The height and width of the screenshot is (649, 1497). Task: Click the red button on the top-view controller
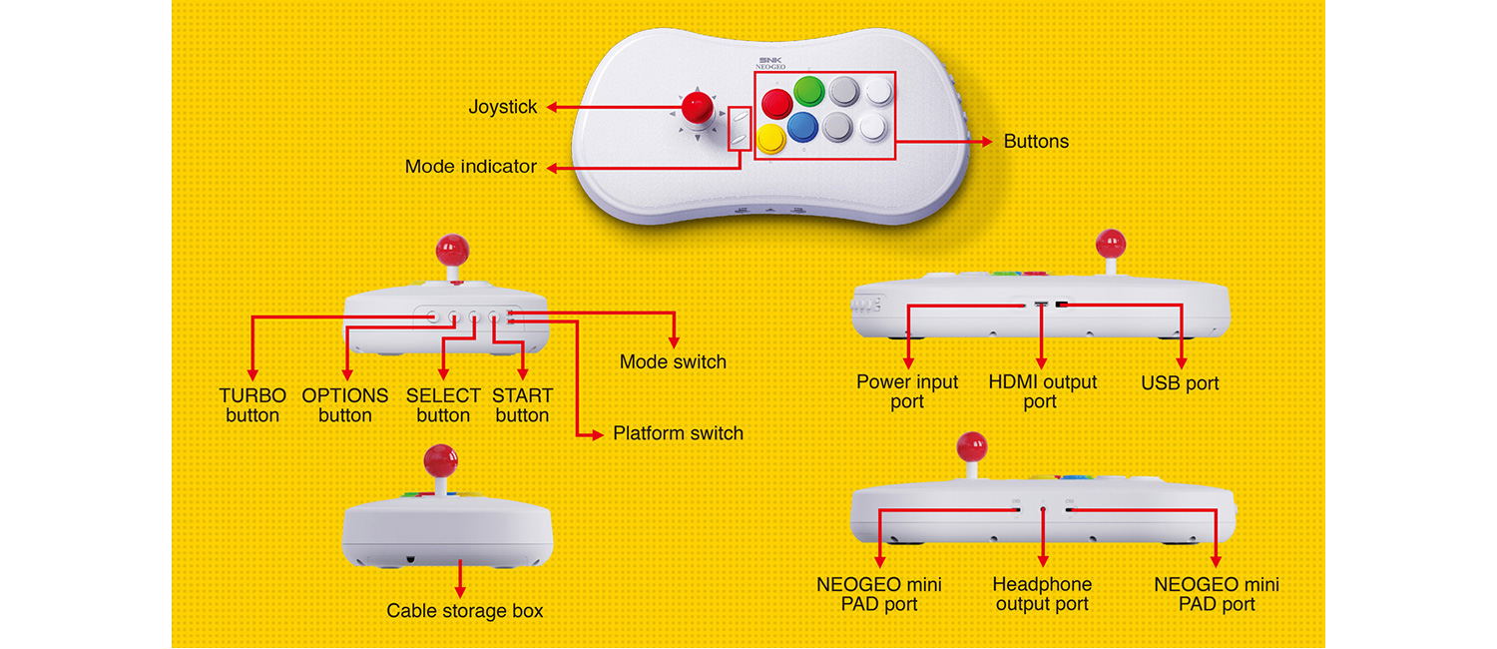click(x=777, y=104)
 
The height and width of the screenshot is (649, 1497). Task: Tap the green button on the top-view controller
click(x=809, y=93)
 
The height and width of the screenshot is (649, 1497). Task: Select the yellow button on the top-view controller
click(x=770, y=139)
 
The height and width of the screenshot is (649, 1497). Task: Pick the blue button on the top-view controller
click(x=802, y=127)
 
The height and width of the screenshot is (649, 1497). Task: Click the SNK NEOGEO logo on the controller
click(x=771, y=62)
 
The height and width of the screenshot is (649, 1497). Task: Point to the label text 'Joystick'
click(x=503, y=107)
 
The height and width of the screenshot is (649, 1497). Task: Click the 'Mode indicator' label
click(x=471, y=167)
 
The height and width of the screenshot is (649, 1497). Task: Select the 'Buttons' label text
click(x=1036, y=142)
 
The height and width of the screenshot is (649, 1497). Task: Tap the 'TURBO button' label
click(x=252, y=405)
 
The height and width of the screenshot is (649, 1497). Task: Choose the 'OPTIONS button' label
click(x=345, y=405)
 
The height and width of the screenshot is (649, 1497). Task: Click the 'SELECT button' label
click(x=443, y=405)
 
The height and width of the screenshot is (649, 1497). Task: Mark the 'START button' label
click(x=522, y=405)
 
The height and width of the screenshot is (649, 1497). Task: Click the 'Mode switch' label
click(x=673, y=361)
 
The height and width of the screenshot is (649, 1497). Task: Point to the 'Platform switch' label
click(x=678, y=433)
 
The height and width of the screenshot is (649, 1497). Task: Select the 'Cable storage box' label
click(x=465, y=611)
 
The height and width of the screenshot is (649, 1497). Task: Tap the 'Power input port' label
click(x=907, y=391)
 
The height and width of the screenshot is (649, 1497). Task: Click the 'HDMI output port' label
click(x=1042, y=391)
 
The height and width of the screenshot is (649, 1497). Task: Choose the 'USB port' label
click(x=1180, y=383)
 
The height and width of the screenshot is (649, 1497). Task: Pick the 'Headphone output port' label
click(x=1042, y=594)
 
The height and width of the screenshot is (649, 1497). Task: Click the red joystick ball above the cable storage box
click(x=440, y=460)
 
